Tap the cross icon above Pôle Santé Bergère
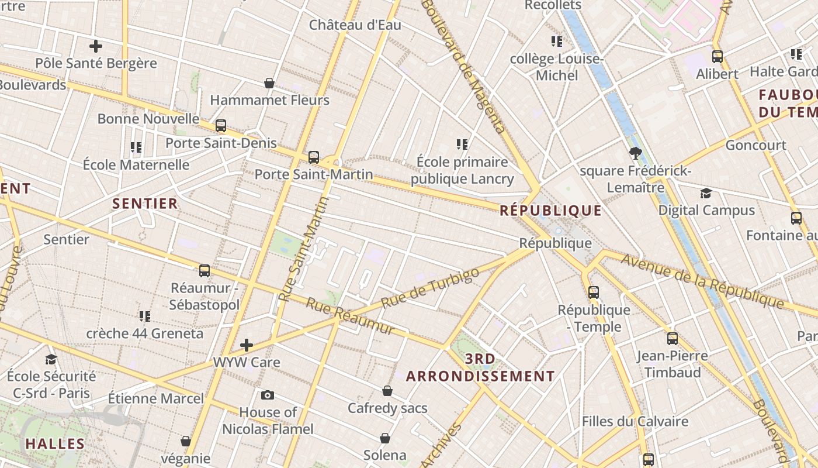[x=96, y=46]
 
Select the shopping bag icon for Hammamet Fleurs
[x=269, y=83]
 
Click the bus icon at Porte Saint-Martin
[x=314, y=157]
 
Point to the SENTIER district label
[x=145, y=204]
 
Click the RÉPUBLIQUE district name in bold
[x=550, y=211]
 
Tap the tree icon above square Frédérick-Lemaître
[x=636, y=153]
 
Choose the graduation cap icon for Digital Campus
[x=706, y=193]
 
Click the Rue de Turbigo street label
[x=430, y=288]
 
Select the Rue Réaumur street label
[x=350, y=317]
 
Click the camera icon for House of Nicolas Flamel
[x=268, y=395]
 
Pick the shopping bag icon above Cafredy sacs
[x=387, y=391]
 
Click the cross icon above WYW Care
[x=247, y=345]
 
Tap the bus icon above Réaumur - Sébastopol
[x=204, y=271]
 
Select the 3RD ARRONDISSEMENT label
[x=480, y=367]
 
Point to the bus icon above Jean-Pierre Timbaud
[x=673, y=338]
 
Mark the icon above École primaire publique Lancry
[x=462, y=144]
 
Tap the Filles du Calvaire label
[x=635, y=421]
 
